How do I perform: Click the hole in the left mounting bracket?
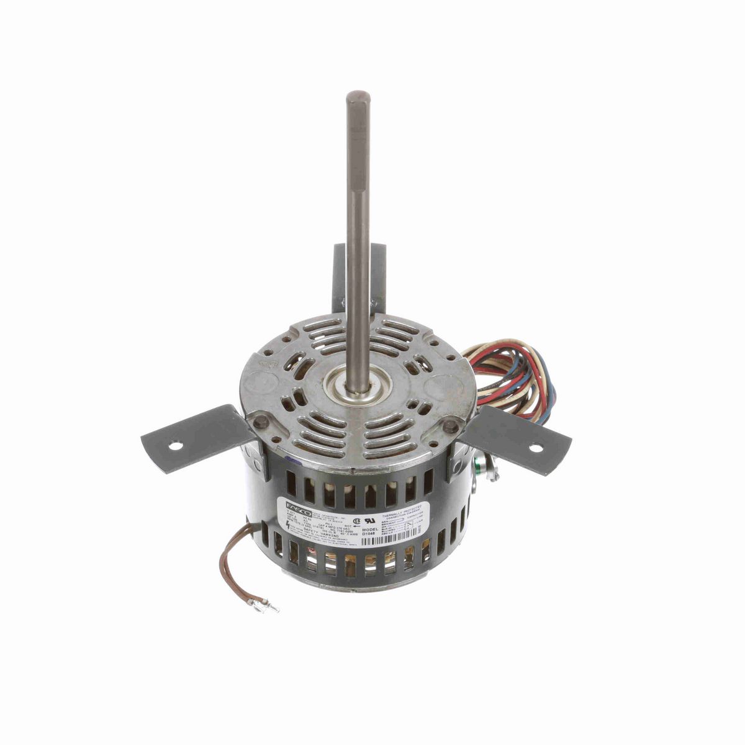click(x=176, y=446)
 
